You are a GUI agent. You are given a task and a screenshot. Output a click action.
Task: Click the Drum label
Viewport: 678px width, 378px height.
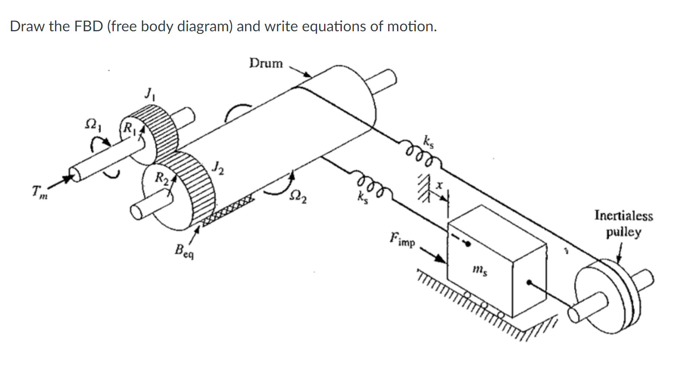(266, 63)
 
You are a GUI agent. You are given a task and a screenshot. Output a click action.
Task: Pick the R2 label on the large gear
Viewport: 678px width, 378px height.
(161, 177)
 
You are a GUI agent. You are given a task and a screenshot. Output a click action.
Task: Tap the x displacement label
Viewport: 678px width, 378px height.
(439, 185)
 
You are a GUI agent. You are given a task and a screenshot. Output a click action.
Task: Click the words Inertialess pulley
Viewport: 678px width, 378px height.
(623, 224)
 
